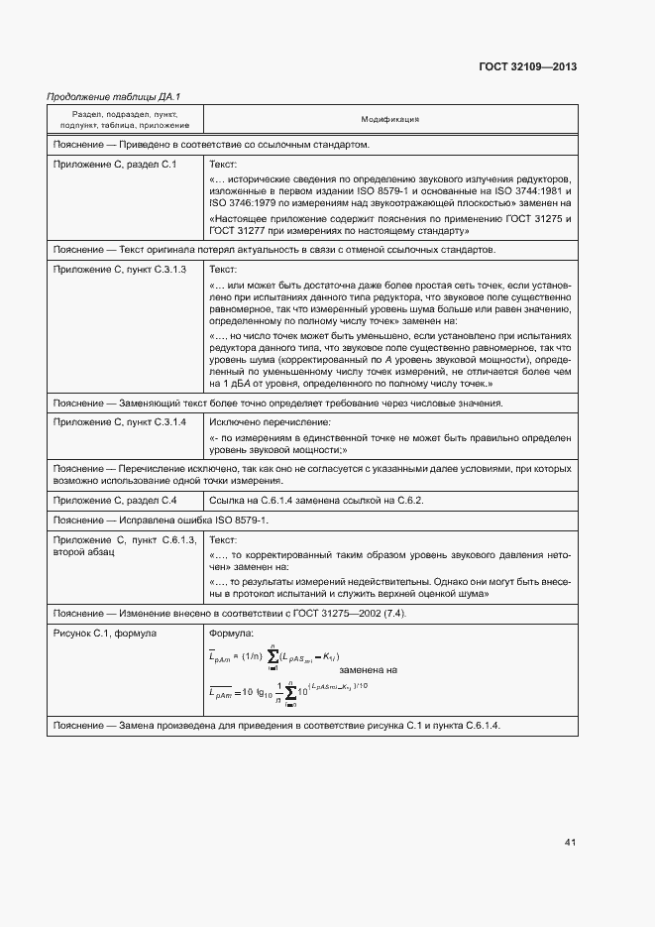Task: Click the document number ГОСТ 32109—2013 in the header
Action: (x=528, y=66)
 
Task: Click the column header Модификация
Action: (x=389, y=119)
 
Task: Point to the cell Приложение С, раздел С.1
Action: (x=115, y=164)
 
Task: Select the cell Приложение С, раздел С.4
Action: (x=115, y=500)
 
